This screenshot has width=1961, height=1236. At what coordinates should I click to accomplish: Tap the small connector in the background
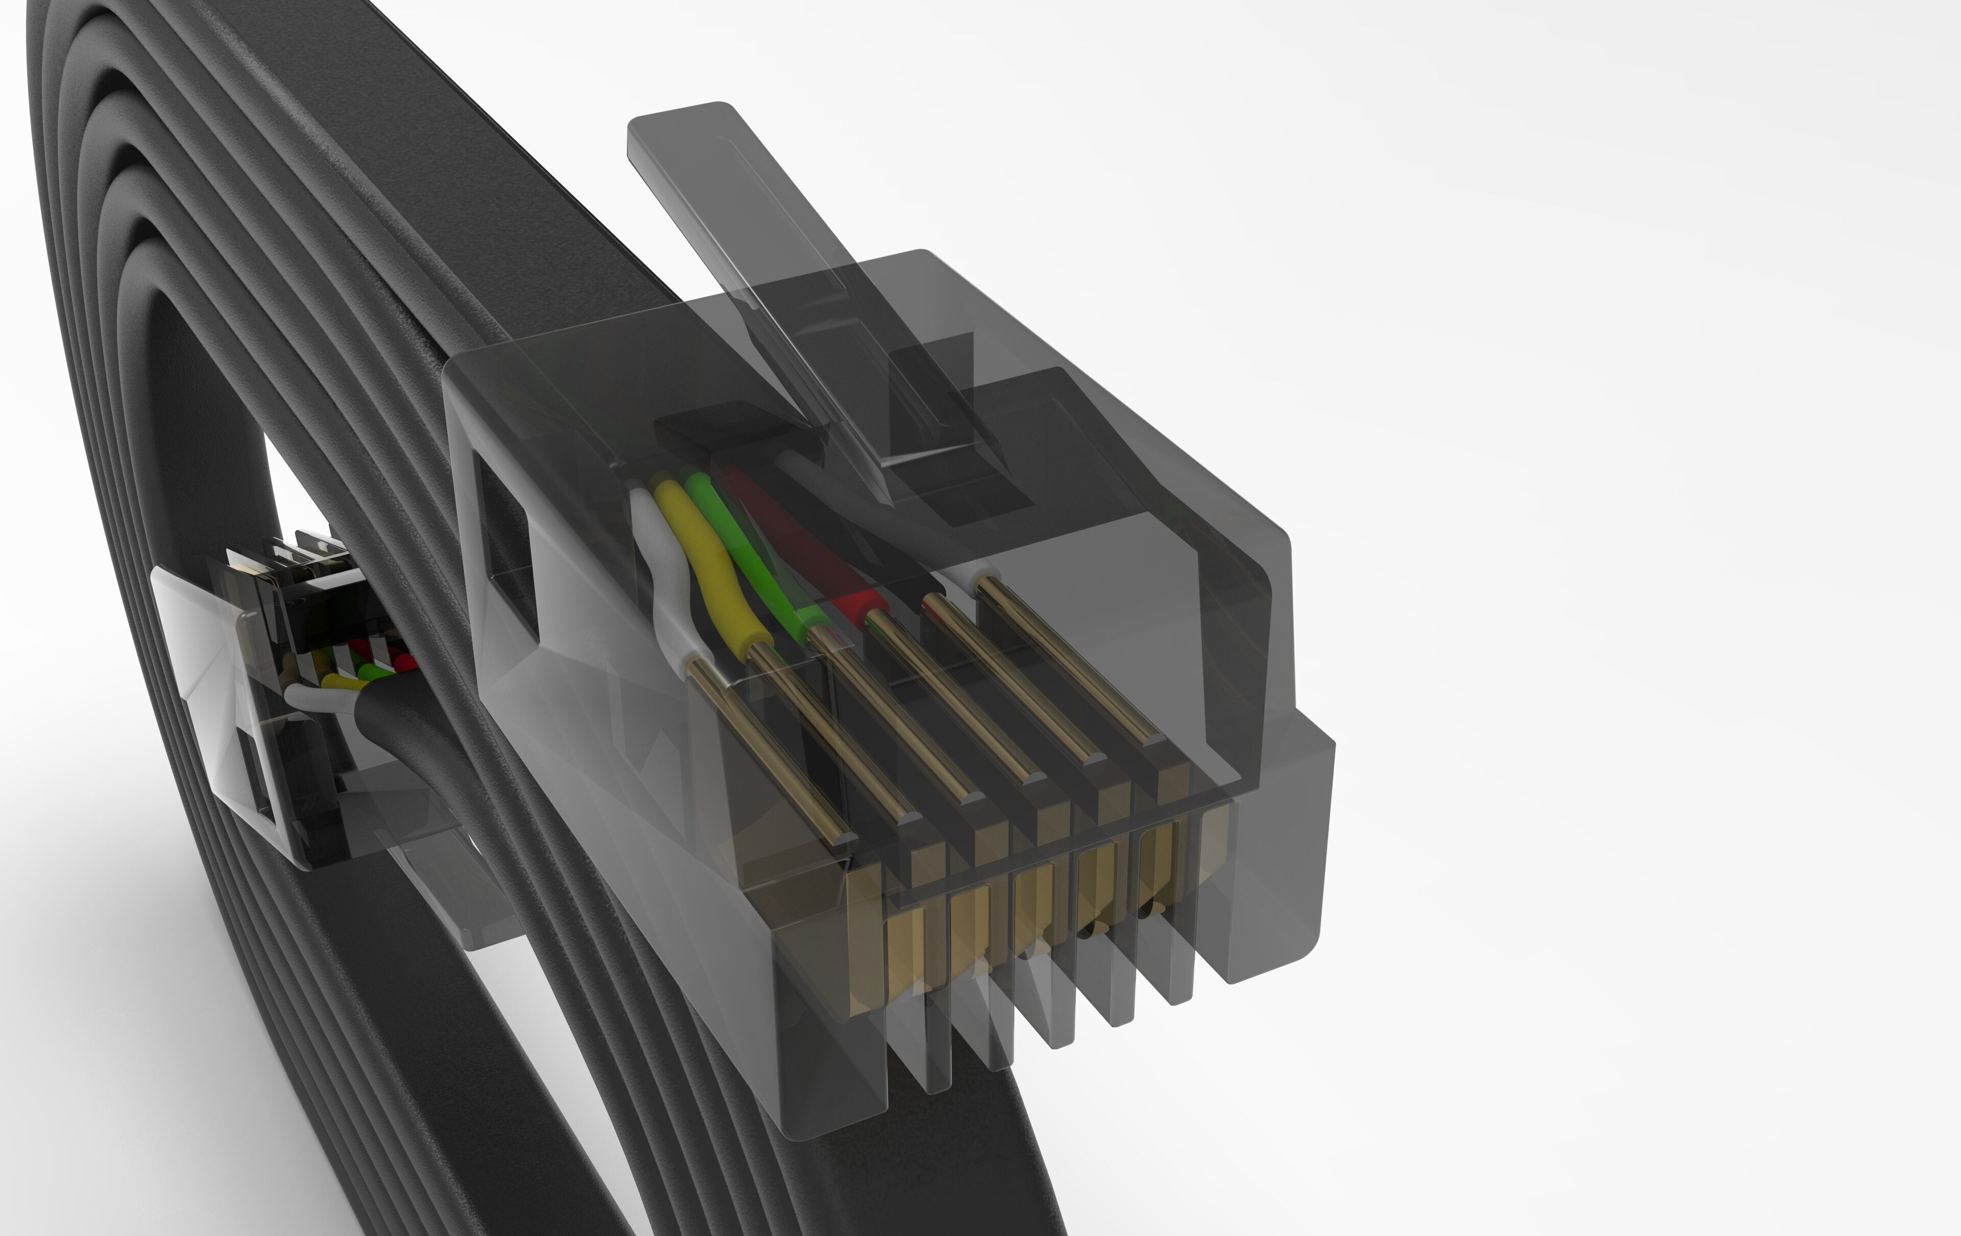pos(269,692)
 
